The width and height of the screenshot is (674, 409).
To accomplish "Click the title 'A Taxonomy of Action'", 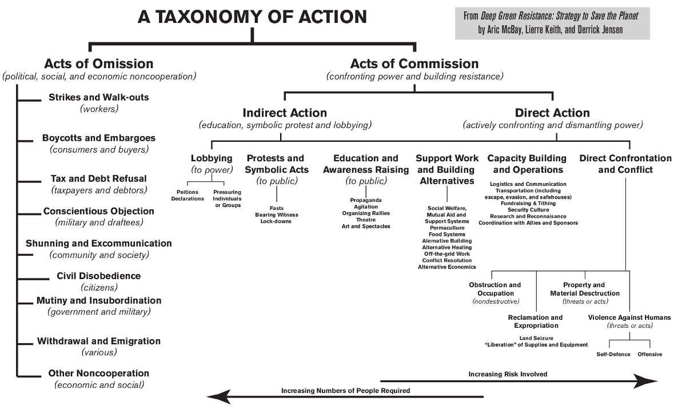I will (x=252, y=17).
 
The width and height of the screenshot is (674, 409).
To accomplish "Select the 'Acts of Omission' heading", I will (x=99, y=63).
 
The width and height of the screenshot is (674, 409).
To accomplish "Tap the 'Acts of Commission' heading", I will (x=414, y=63).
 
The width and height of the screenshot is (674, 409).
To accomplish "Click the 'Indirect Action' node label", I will (x=285, y=113).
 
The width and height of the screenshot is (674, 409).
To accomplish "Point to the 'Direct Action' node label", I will (x=552, y=113).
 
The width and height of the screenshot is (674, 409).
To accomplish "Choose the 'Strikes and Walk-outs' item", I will (x=98, y=97).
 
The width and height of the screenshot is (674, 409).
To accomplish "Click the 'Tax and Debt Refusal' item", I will (x=98, y=178).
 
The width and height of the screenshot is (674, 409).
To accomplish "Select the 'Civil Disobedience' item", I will (x=98, y=276).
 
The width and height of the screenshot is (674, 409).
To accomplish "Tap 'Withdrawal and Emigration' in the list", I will (x=98, y=341).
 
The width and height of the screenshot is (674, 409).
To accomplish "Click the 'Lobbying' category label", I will (x=212, y=158).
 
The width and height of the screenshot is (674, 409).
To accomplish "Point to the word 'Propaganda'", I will (x=366, y=200).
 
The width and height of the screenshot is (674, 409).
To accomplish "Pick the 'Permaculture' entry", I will (x=447, y=228).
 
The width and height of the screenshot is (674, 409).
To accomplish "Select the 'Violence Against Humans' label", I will (x=629, y=317).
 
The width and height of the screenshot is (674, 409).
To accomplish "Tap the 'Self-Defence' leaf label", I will (x=613, y=354).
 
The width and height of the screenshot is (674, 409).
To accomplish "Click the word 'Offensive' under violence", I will (x=649, y=354).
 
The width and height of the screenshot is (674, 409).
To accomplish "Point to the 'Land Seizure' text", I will (x=536, y=338).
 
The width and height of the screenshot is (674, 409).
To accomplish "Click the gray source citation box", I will (x=552, y=23).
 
